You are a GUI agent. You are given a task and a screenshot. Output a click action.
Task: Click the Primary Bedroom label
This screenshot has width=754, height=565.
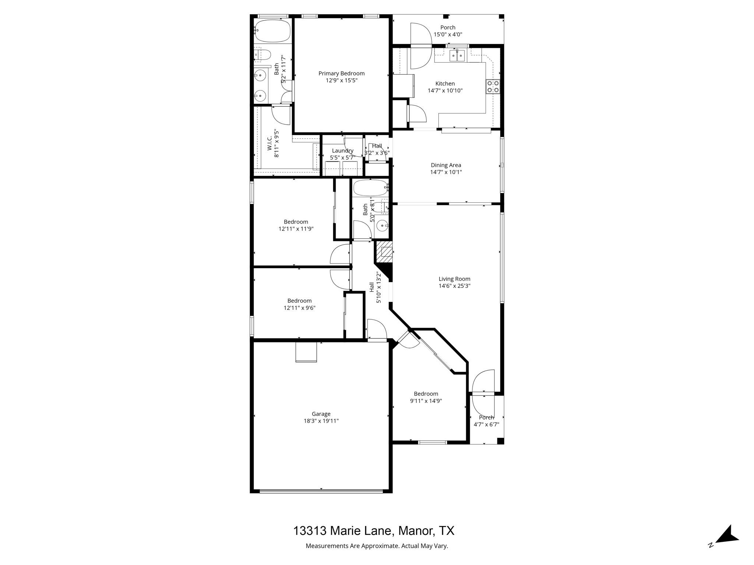[x=341, y=74]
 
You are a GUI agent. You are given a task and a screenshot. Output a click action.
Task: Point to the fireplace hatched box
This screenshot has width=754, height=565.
[x=384, y=252]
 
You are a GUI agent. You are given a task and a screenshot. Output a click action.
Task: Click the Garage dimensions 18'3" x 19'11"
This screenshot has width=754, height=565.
[x=321, y=421]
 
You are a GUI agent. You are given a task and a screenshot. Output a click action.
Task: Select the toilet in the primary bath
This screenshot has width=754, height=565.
[x=263, y=55]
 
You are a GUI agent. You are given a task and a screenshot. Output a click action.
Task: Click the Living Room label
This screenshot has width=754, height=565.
[x=454, y=279]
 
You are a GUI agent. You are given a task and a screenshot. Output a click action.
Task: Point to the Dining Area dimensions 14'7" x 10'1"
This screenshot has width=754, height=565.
[x=446, y=172]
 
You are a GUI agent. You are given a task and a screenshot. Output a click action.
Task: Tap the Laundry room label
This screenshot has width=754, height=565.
[x=342, y=150]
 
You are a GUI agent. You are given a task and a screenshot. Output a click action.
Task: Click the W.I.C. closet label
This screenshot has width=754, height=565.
[x=269, y=143]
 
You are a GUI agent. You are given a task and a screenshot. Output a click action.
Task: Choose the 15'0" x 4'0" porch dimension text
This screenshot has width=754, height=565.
[x=448, y=35]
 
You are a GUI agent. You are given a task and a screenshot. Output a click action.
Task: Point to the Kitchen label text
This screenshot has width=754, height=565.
[x=445, y=83]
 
